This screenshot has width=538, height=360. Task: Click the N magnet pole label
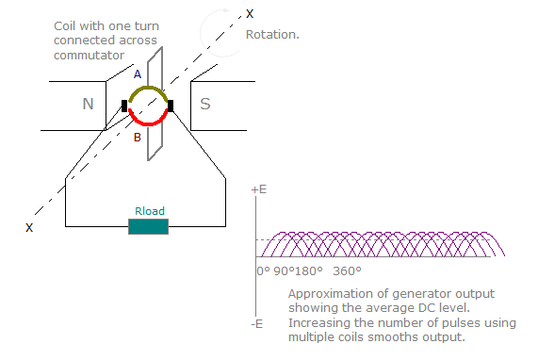(88, 104)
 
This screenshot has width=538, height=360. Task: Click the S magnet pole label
(205, 104)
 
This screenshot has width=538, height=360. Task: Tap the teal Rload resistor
(148, 226)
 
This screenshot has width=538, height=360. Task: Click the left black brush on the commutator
(124, 105)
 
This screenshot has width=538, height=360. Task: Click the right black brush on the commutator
(171, 105)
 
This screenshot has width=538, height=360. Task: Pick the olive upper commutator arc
(147, 90)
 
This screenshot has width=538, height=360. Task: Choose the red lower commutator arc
(147, 122)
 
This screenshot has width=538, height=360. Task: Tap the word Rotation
(272, 35)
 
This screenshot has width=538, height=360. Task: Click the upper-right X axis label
(250, 13)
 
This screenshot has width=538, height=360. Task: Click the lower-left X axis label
(29, 227)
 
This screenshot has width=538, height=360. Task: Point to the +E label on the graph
(259, 189)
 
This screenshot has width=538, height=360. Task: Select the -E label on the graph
(257, 323)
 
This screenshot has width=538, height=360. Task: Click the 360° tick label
(348, 271)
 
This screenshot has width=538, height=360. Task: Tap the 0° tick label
(263, 271)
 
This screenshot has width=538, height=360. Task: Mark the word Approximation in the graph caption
(328, 294)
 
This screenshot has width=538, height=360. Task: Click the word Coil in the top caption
(67, 16)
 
